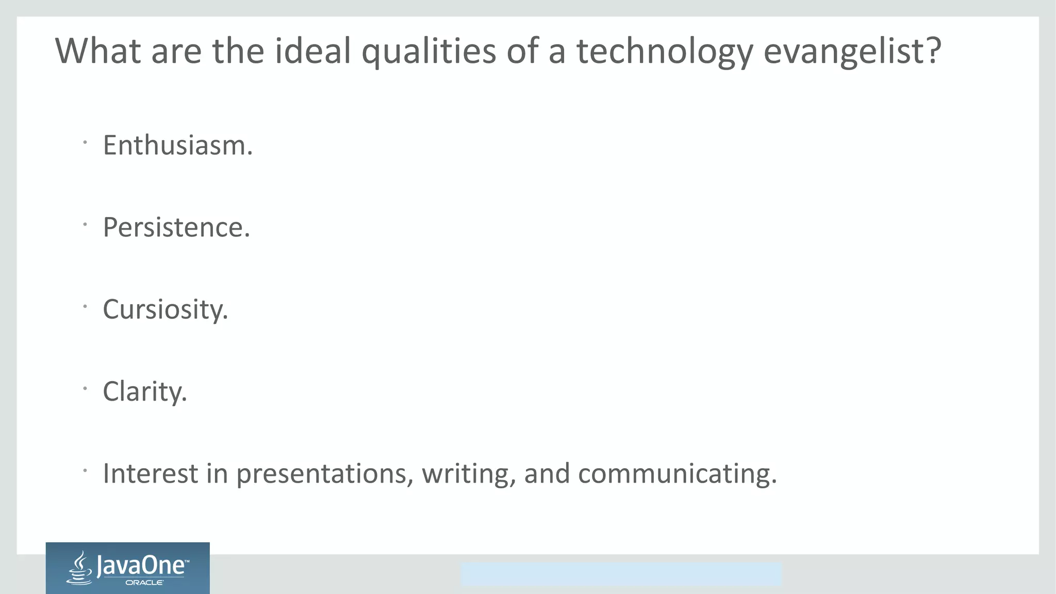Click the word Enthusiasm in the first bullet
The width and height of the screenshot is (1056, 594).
tap(177, 145)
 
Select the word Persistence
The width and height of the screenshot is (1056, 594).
tap(175, 227)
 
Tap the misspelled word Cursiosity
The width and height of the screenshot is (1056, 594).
tap(164, 309)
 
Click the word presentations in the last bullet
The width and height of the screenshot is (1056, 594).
tap(324, 474)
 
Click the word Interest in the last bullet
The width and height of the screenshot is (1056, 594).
tap(150, 474)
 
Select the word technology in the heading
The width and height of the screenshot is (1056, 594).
tap(665, 52)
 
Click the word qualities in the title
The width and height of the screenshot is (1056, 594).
tap(428, 52)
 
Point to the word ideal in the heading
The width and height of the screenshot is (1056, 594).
tap(312, 52)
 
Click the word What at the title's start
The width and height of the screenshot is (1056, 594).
tap(97, 52)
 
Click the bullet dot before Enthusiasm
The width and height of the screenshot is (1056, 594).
tap(85, 142)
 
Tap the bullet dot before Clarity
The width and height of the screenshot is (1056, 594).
tap(85, 388)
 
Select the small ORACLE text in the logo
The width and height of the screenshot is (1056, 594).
tap(144, 583)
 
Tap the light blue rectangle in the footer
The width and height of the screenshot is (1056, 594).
tap(621, 574)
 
